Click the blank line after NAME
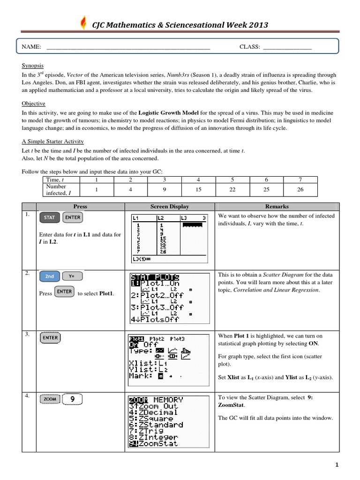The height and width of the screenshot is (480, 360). pos(129,47)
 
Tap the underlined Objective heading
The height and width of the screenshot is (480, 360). pos(33,104)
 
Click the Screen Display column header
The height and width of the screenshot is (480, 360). pos(169,206)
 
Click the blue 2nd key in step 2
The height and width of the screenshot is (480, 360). pos(49,277)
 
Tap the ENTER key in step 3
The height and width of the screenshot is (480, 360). pos(50,337)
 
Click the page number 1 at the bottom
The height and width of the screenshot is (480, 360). pos(336,465)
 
